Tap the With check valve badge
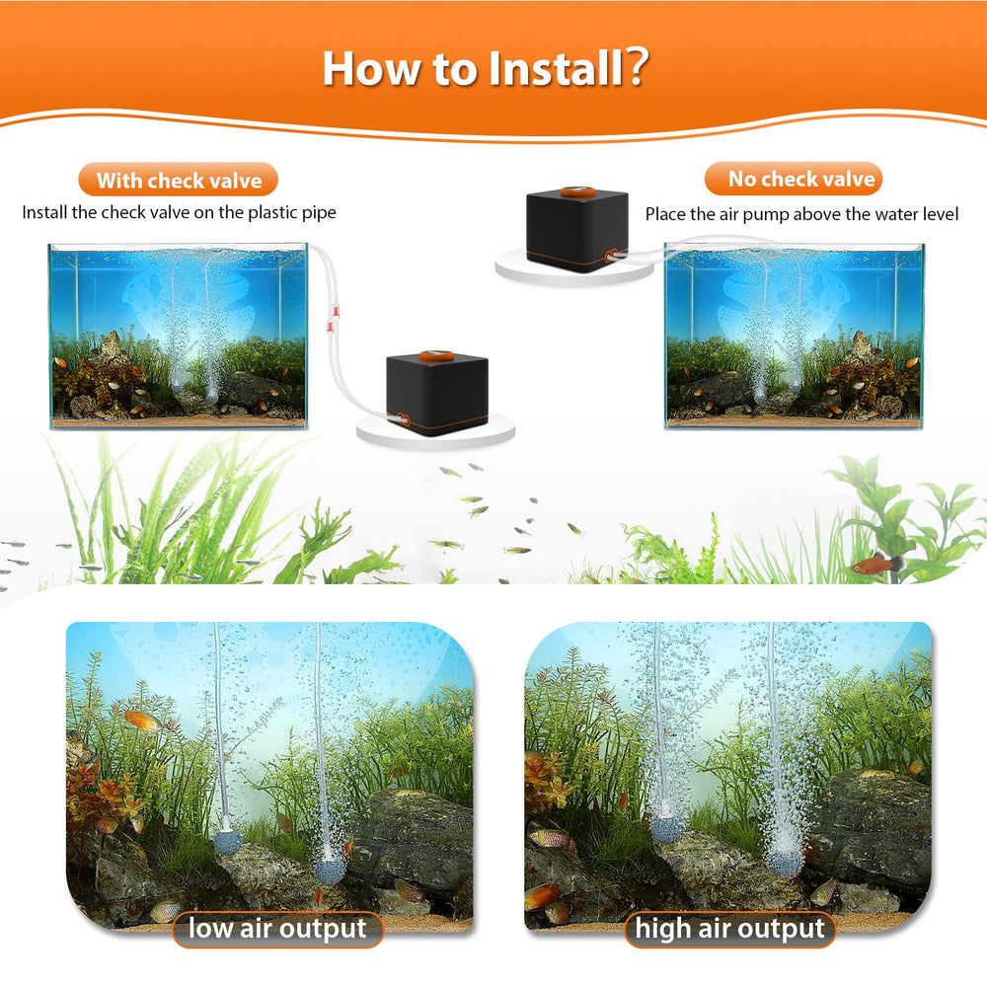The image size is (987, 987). coord(178,180)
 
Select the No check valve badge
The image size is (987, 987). coord(794,179)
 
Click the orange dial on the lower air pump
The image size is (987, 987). coord(435,355)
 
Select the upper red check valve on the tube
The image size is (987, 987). coord(337,310)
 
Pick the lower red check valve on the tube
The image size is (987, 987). coord(329,327)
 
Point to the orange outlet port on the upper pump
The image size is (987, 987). coord(611,255)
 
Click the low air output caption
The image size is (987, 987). coord(277,929)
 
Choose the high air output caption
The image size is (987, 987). coord(729,929)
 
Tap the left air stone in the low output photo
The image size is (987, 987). coord(227,842)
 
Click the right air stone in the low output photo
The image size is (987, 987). coord(329,871)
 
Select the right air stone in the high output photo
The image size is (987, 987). coord(783,860)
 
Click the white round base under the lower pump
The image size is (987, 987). coord(435,432)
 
